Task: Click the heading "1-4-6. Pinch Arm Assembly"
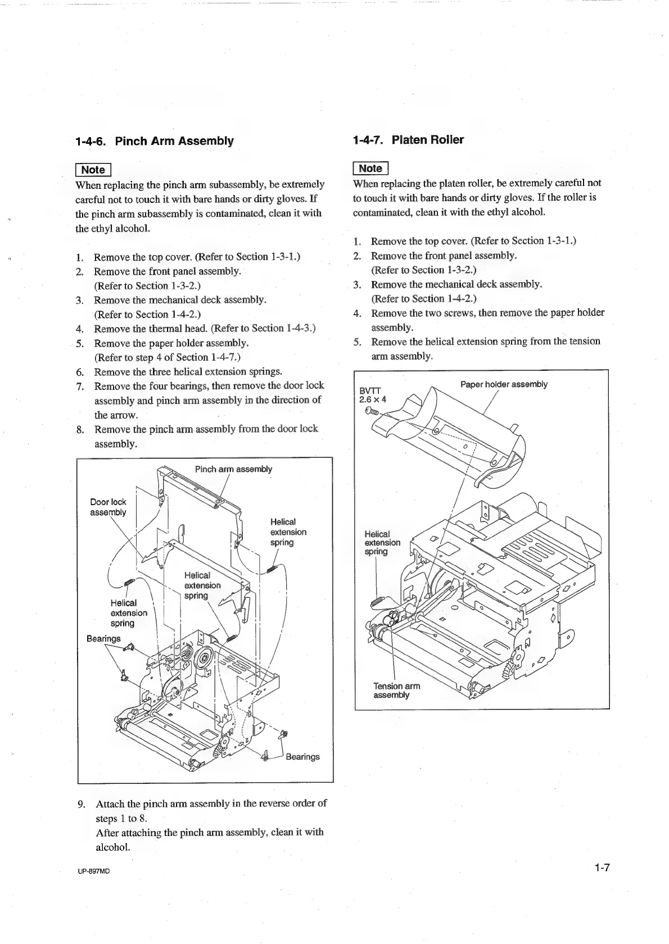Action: (x=155, y=141)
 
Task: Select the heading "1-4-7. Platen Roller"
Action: (x=409, y=140)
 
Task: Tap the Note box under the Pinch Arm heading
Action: (x=93, y=170)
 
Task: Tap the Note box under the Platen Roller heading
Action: (x=370, y=168)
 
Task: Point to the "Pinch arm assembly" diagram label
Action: (x=233, y=469)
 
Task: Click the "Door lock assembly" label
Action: (x=108, y=507)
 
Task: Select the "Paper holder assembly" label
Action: (x=504, y=384)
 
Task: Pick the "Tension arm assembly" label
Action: (x=396, y=691)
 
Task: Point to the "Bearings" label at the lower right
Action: (x=302, y=757)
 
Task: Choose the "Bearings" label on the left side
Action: (x=103, y=638)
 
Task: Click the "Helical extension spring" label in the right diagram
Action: (x=382, y=543)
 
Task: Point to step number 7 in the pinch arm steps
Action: (x=80, y=386)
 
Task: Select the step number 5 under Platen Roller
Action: (x=357, y=342)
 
